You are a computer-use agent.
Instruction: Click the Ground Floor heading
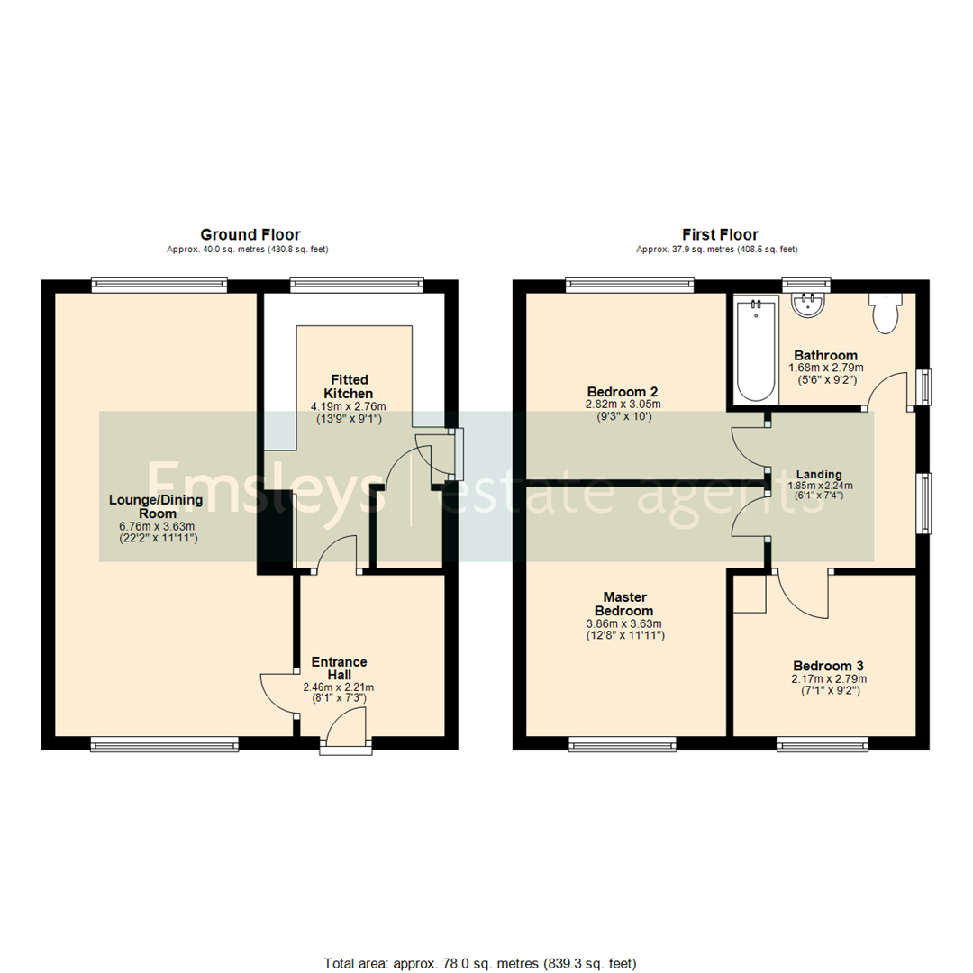(x=250, y=235)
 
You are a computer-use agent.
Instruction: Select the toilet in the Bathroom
(x=884, y=314)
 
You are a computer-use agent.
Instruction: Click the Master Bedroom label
(x=624, y=604)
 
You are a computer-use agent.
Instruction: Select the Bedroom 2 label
(x=622, y=392)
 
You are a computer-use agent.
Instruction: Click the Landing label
(x=818, y=474)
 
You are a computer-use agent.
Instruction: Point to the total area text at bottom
(x=479, y=963)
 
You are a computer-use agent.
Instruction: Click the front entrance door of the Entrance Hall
(x=346, y=728)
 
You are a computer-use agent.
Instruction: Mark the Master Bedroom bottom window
(x=623, y=744)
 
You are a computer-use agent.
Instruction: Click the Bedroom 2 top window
(x=630, y=286)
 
